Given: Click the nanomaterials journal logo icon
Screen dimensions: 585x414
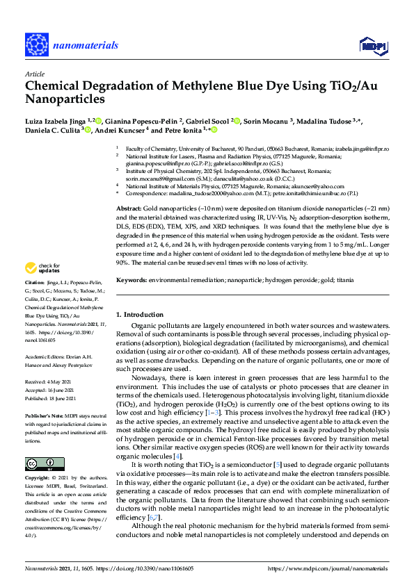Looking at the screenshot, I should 35,44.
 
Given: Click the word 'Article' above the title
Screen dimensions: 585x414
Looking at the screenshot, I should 35,74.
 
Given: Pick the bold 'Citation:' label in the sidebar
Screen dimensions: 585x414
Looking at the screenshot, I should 36,283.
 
